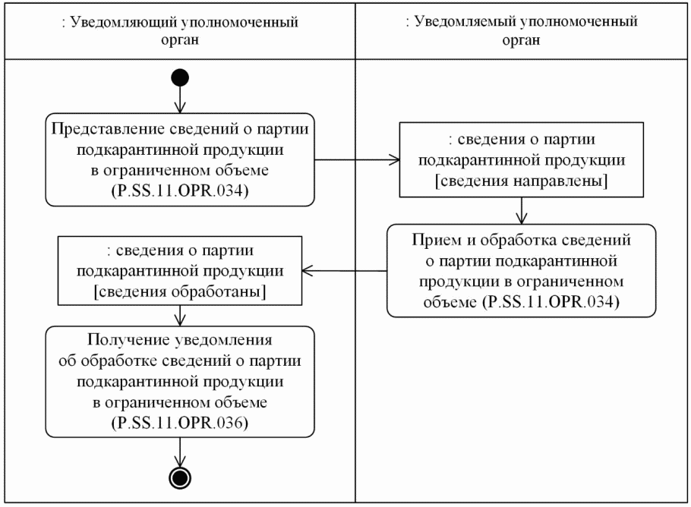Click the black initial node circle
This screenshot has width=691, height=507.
[x=180, y=78]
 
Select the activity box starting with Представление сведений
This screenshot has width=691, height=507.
[x=180, y=160]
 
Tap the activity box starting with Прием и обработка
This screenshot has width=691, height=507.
[x=520, y=269]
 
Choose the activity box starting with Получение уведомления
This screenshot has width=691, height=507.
[x=180, y=380]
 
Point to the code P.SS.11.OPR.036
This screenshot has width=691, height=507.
[x=180, y=423]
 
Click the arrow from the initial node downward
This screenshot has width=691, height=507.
[x=180, y=99]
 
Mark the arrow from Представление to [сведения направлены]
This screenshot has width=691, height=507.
[x=357, y=160]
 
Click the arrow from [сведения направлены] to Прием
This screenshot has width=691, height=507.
[x=520, y=211]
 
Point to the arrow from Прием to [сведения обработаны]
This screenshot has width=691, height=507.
[x=345, y=269]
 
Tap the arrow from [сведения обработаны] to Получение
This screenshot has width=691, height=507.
[x=180, y=314]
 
